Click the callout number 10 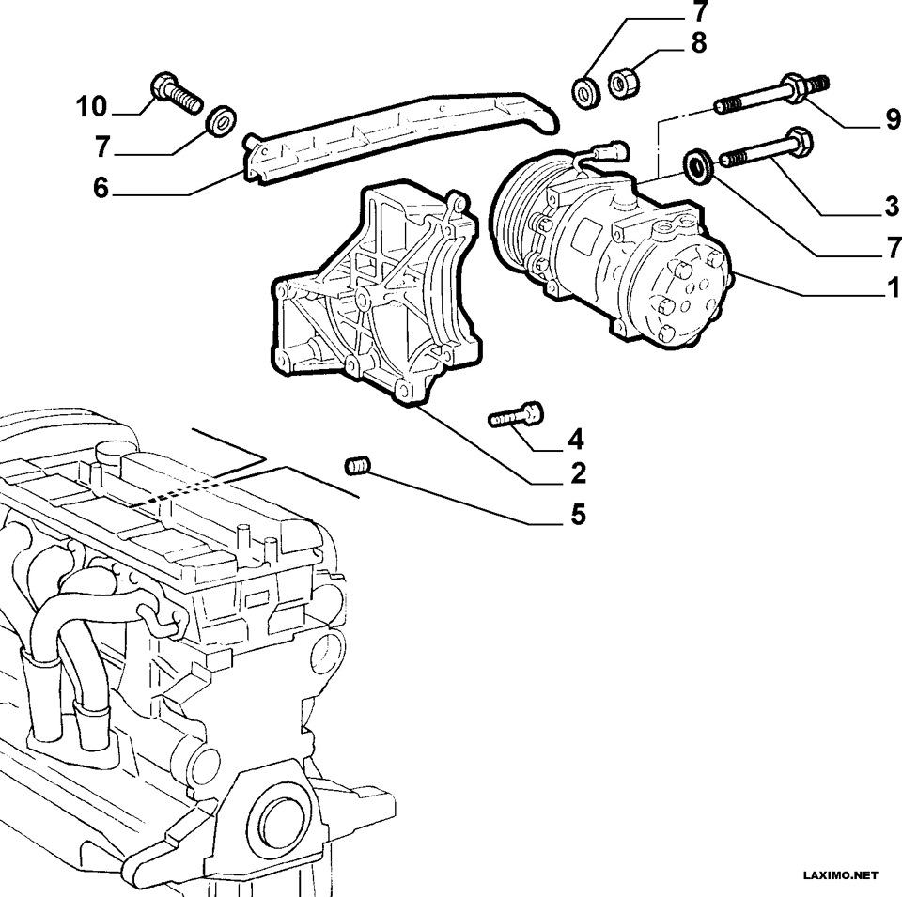click(92, 107)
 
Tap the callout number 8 click(698, 44)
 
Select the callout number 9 click(893, 119)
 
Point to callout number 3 click(892, 206)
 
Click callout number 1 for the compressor click(894, 287)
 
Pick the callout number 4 click(576, 440)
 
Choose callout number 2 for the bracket click(578, 472)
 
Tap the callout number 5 click(578, 514)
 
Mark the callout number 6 click(101, 188)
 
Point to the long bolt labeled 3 click(767, 149)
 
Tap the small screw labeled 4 click(516, 415)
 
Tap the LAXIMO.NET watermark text click(840, 875)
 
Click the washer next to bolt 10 click(220, 121)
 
